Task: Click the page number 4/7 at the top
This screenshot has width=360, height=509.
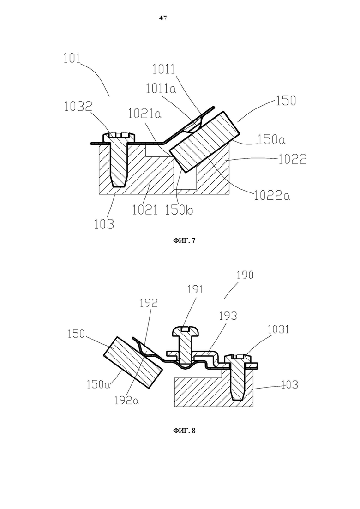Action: coord(163,18)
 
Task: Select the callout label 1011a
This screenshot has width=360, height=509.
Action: coord(161,88)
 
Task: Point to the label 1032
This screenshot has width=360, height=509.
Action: coord(78,107)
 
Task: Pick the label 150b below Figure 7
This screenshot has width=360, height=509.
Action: coord(179,210)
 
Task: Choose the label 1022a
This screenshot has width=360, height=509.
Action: coord(272,195)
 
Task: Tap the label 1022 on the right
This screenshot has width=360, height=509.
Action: coord(293,159)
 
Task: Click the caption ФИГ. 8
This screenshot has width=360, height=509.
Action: coord(184,431)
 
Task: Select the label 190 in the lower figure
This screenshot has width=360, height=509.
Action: coord(245,275)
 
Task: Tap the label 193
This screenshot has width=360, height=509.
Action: coord(228,316)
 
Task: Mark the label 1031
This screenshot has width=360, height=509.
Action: coord(278,329)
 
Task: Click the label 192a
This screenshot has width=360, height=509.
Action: coord(126,401)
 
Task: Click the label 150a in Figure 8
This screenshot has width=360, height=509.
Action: coord(99,384)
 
